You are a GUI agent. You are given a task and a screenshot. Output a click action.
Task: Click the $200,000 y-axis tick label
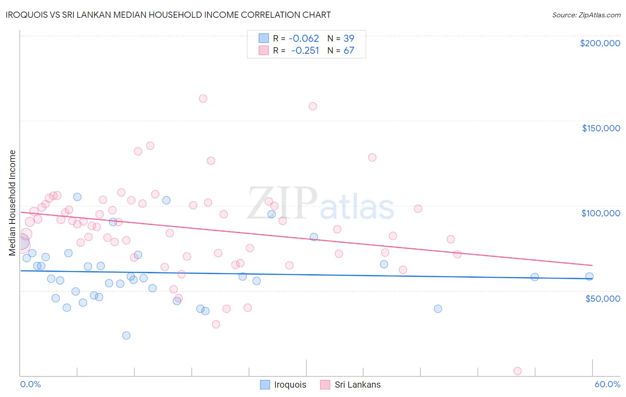coord(600,43)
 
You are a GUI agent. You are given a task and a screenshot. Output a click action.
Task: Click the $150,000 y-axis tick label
coord(601,128)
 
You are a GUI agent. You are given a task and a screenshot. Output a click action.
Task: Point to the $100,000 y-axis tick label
coord(601,213)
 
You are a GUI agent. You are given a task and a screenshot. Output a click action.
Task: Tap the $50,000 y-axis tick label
coord(602,298)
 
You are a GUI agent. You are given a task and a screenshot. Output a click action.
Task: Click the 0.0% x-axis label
coord(30,384)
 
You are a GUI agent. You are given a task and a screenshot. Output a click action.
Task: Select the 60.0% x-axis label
coord(607,384)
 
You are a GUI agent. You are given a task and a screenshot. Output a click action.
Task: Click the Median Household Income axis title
coord(12,203)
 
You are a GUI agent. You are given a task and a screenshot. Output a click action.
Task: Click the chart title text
coord(168,15)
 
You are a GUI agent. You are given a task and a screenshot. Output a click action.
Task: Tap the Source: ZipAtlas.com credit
coord(586,15)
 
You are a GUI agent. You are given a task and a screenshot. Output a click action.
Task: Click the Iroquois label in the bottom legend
coord(290,385)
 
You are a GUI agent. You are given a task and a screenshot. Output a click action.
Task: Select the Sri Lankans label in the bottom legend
coord(358,385)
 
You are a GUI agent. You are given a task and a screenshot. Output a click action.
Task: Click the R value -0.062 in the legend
coord(304,38)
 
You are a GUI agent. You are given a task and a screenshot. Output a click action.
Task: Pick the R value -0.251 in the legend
coord(305,50)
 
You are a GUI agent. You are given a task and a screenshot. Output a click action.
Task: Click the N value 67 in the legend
coord(349,50)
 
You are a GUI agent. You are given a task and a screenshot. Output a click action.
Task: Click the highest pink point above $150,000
coord(203,98)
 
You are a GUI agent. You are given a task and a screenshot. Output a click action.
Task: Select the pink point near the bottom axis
coord(517,371)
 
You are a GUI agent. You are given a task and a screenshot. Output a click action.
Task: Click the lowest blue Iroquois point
coord(126,335)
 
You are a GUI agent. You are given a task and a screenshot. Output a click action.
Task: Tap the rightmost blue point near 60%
coord(589,276)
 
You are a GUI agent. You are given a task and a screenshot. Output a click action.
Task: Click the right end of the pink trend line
coord(592,265)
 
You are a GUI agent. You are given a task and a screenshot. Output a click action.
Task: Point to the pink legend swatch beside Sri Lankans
coord(325,385)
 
